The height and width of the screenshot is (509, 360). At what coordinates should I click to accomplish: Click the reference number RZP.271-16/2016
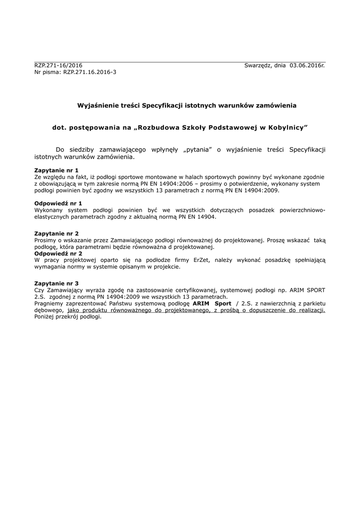coord(58,66)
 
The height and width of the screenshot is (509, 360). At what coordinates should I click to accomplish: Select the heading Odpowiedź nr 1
coord(58,203)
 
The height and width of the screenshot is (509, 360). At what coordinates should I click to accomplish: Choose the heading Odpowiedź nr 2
coord(58,253)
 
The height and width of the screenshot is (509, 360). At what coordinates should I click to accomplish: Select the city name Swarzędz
coord(258,66)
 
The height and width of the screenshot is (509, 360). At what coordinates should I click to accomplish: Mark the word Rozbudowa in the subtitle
coord(161,128)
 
